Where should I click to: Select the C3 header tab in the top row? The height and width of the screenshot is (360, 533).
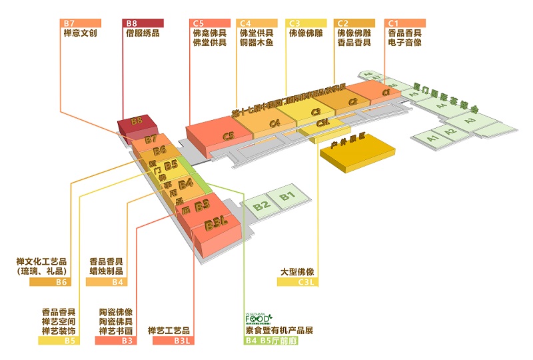pos(307,23)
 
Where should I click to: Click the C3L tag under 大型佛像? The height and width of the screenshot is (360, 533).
pos(298,282)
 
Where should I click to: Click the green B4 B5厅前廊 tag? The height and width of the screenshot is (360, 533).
pos(270,341)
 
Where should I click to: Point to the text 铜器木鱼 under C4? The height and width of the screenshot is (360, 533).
pos(257,43)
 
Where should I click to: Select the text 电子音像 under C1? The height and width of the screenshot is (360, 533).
pos(404,43)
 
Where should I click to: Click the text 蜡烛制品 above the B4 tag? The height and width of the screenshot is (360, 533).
pos(107,271)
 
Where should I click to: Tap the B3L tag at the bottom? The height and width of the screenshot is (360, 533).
pos(173,341)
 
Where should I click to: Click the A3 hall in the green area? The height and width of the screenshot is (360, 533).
pos(471,121)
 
